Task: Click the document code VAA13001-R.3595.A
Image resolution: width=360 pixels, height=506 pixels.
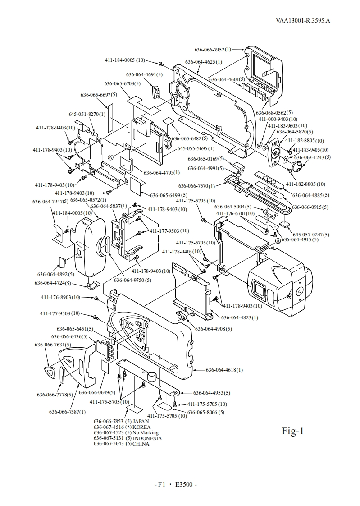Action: (303, 21)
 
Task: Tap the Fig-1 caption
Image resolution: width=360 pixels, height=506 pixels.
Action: (293, 431)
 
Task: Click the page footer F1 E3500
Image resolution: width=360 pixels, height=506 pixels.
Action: (176, 484)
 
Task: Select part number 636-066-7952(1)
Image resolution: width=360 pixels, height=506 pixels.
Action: (213, 50)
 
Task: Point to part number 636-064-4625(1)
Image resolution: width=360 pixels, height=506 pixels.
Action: (203, 62)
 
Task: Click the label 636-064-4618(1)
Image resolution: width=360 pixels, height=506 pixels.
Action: (224, 370)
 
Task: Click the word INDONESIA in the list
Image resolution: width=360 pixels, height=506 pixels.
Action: (147, 438)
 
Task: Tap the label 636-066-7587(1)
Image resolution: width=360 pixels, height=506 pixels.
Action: (67, 412)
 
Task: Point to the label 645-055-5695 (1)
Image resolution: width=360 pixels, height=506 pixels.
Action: (196, 149)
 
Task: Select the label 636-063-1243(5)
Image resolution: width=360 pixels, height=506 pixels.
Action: (313, 157)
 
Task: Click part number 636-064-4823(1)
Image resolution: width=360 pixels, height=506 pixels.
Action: (240, 317)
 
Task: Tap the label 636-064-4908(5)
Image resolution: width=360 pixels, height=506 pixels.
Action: (214, 329)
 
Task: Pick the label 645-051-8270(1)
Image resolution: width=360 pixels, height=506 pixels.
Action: (87, 114)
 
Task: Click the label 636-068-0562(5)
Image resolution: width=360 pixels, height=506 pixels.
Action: (274, 113)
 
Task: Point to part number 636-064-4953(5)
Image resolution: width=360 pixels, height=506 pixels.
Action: (212, 393)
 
